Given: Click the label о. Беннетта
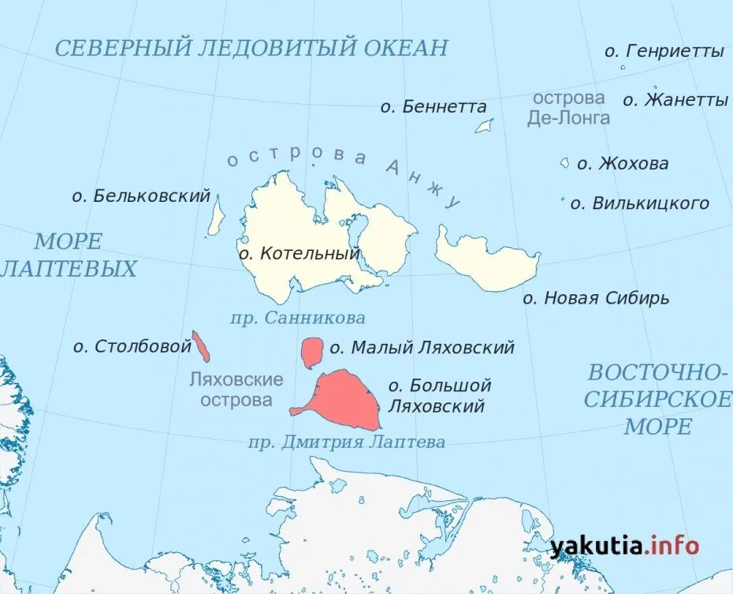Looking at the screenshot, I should pyautogui.click(x=433, y=106).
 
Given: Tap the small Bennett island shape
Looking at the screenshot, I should pyautogui.click(x=484, y=126).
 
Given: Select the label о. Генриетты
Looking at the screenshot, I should pyautogui.click(x=664, y=51).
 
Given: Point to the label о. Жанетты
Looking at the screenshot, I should pyautogui.click(x=675, y=100).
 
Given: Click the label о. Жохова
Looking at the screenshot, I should pyautogui.click(x=623, y=164).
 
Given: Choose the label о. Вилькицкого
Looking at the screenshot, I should pyautogui.click(x=639, y=204).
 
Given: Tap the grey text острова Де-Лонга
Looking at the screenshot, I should pyautogui.click(x=568, y=108).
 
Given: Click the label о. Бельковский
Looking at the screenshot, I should pyautogui.click(x=141, y=196).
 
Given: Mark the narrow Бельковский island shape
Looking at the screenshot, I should pyautogui.click(x=215, y=218).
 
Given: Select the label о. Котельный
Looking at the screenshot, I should pyautogui.click(x=299, y=254).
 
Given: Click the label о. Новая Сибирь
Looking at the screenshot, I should pyautogui.click(x=596, y=298).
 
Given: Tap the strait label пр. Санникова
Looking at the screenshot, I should pyautogui.click(x=298, y=318).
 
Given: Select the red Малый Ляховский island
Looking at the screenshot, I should pyautogui.click(x=312, y=352).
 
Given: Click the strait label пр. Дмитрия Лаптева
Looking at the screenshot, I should pyautogui.click(x=347, y=443).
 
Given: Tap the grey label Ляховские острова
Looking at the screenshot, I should pyautogui.click(x=236, y=390).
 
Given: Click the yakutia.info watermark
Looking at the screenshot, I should pyautogui.click(x=624, y=545).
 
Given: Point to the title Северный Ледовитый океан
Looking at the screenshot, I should pyautogui.click(x=251, y=47).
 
